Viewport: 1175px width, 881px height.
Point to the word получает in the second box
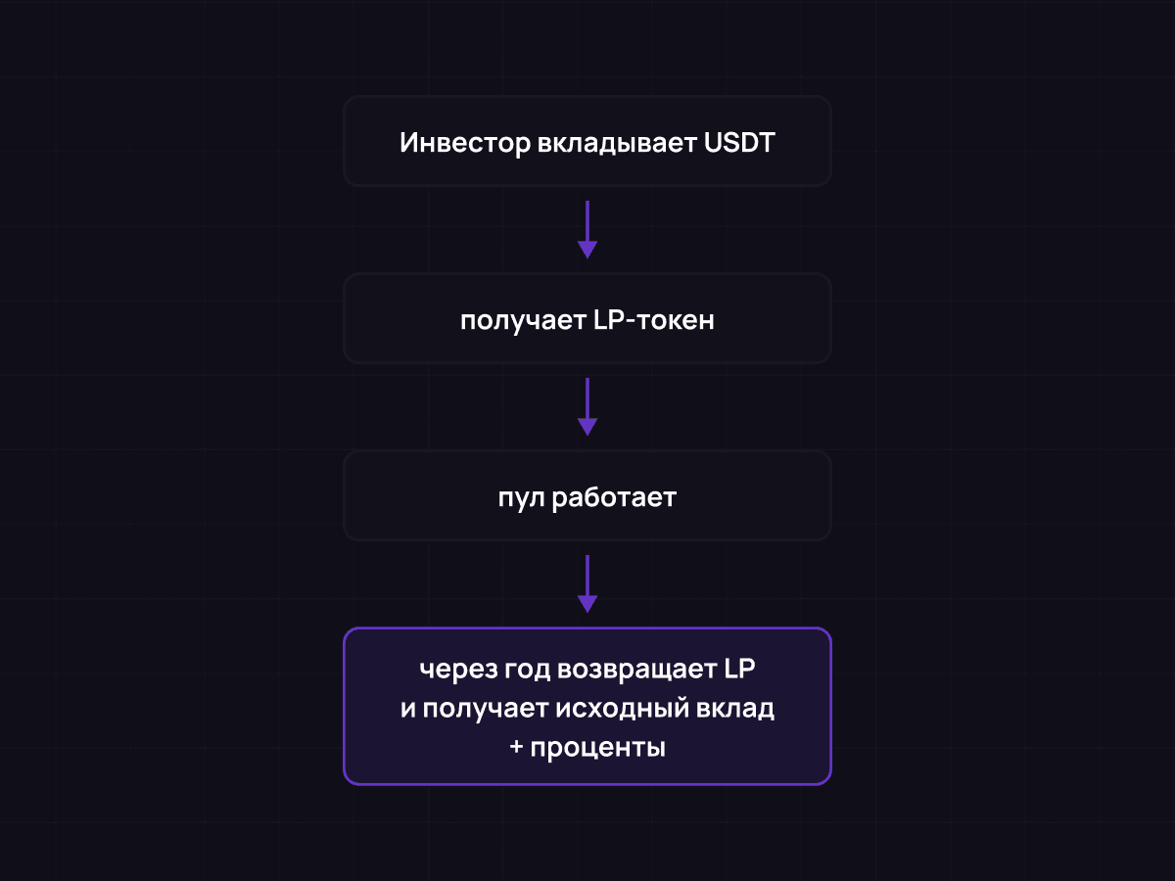click(522, 320)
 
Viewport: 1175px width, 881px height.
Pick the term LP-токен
click(653, 320)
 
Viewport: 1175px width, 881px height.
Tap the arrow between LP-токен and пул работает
click(587, 405)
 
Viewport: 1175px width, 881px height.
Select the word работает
click(614, 497)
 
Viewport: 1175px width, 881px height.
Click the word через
click(455, 671)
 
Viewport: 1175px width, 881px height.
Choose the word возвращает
click(637, 671)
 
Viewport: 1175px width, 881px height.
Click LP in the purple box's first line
click(741, 671)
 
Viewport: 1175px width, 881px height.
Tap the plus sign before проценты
click(516, 748)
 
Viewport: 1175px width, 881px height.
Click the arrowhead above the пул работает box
click(587, 427)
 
